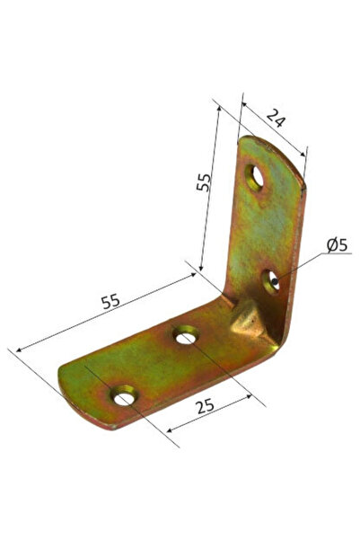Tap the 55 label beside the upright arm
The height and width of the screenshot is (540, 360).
(205, 183)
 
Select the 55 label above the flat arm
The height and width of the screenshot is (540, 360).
(110, 301)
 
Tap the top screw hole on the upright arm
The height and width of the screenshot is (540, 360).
(256, 176)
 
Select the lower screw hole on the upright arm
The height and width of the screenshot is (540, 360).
(272, 282)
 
